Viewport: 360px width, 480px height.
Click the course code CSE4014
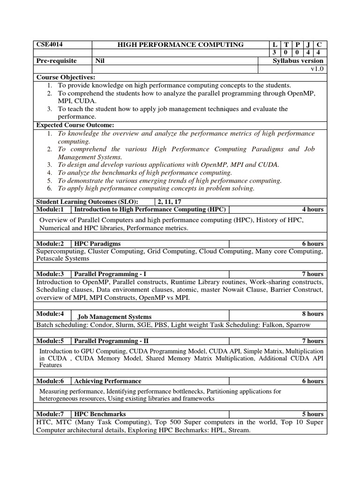click(x=50, y=45)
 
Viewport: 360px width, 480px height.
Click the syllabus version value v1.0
click(x=317, y=69)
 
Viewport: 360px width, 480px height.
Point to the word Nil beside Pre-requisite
click(x=100, y=61)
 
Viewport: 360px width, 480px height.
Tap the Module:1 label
click(x=50, y=209)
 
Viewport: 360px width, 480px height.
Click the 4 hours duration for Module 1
click(x=313, y=209)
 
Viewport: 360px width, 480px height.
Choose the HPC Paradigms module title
click(x=97, y=244)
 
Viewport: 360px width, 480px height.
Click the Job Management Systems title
click(x=114, y=317)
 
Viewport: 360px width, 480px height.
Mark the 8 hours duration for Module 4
click(x=313, y=314)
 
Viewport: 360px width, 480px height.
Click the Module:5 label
click(x=50, y=341)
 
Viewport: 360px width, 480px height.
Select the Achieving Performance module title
click(x=108, y=381)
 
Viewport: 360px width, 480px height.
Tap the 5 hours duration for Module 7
click(x=313, y=414)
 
